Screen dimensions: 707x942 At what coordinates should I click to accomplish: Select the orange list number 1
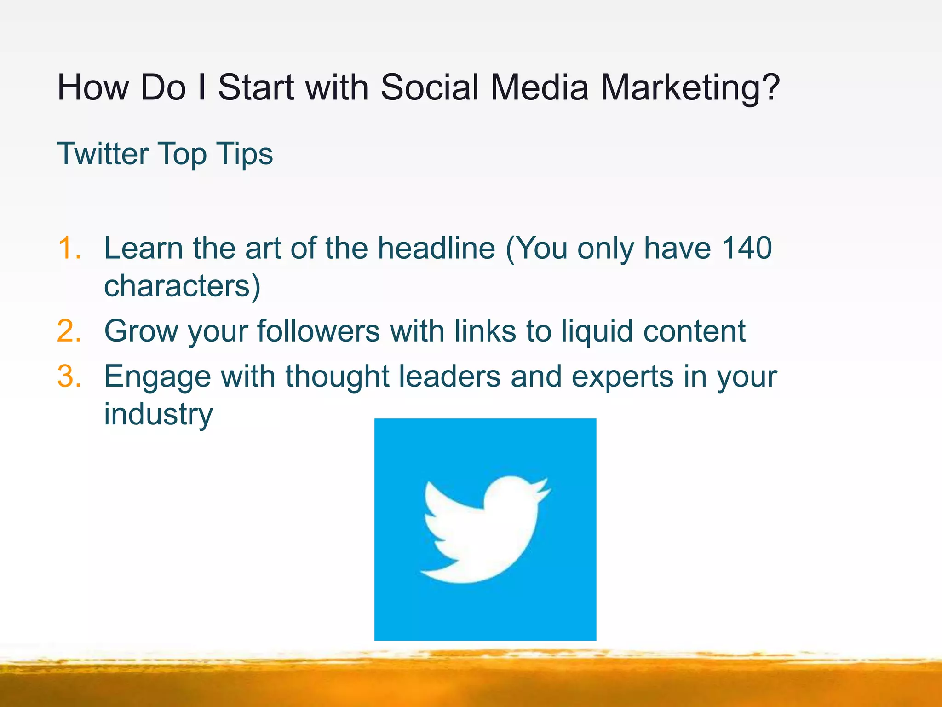tap(69, 249)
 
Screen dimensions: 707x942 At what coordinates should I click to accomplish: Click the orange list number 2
tap(69, 331)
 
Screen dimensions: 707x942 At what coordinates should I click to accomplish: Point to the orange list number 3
tap(69, 376)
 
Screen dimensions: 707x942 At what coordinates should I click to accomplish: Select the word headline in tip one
tap(436, 249)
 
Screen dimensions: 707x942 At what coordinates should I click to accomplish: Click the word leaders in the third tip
tap(449, 376)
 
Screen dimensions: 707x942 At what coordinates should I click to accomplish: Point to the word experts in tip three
tap(622, 377)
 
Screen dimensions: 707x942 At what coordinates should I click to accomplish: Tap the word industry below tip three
tap(158, 414)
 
